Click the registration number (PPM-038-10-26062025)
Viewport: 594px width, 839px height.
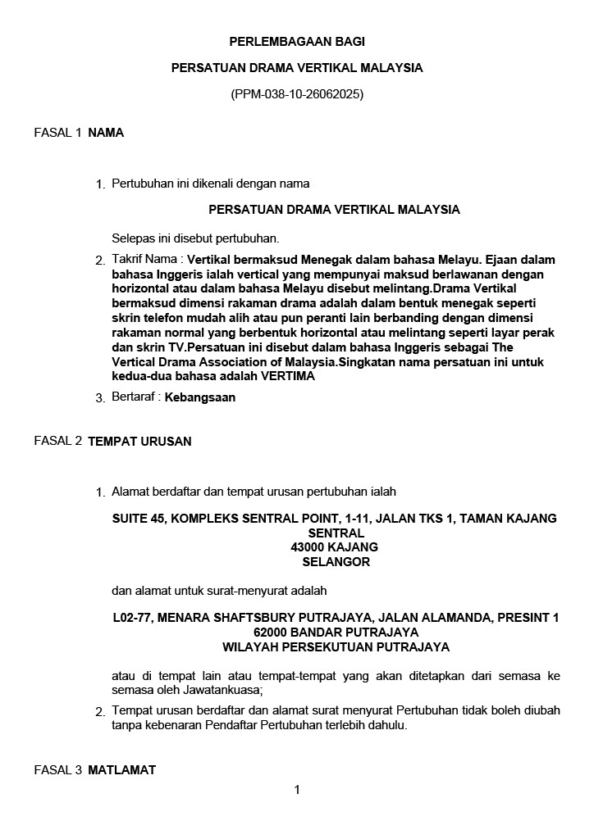point(297,94)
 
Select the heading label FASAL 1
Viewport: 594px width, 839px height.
point(57,133)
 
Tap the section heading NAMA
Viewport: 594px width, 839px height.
point(106,133)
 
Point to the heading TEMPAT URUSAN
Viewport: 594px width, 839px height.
point(139,442)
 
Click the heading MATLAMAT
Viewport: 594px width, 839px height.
point(121,770)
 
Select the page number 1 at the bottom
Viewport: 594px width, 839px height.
point(297,790)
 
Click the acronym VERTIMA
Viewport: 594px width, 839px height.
point(287,377)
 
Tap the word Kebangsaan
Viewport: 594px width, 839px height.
point(200,397)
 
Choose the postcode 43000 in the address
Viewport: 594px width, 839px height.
point(308,547)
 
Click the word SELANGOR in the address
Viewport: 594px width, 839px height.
point(336,562)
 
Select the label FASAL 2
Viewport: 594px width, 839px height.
point(57,441)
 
